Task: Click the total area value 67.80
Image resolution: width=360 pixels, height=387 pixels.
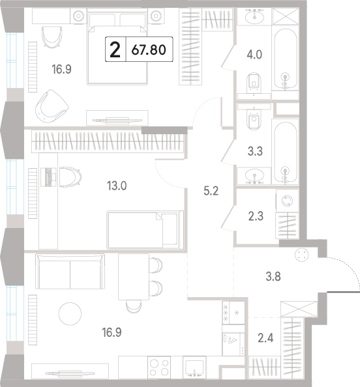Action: click(149, 50)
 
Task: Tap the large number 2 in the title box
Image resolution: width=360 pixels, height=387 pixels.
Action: click(115, 50)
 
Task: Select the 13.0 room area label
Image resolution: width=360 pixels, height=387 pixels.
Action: click(117, 186)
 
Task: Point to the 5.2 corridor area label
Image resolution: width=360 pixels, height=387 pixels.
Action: click(211, 191)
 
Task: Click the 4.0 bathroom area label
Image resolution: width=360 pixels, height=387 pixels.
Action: click(254, 55)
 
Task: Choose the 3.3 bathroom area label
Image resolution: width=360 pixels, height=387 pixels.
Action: click(255, 151)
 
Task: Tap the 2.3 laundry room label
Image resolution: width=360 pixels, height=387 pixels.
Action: click(256, 216)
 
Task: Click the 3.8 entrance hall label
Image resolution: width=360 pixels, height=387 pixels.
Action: click(273, 276)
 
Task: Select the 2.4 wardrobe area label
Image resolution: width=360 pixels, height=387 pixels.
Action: click(265, 338)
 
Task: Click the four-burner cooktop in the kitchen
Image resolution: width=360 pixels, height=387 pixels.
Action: click(159, 367)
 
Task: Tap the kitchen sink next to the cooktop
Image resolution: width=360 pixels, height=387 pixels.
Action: click(194, 367)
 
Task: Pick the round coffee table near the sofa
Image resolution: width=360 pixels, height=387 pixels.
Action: click(70, 313)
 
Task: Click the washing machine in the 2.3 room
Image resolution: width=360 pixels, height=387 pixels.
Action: click(288, 201)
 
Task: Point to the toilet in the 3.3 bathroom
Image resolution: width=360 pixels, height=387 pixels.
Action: click(254, 120)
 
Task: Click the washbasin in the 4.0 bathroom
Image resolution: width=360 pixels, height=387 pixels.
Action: click(254, 17)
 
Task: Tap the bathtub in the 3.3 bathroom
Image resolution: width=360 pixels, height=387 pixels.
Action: click(285, 152)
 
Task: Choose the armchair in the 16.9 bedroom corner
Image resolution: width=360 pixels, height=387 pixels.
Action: click(52, 106)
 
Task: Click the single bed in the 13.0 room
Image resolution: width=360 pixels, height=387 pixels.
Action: click(145, 230)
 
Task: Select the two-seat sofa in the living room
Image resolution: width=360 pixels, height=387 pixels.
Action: click(70, 272)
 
